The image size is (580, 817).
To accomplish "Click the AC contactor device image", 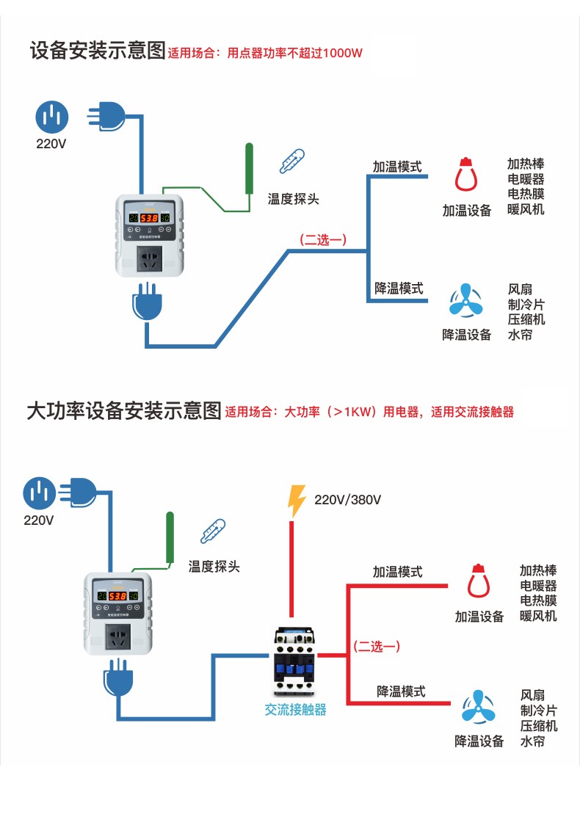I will (294, 661).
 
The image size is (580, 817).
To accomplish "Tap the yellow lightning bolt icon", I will (297, 501).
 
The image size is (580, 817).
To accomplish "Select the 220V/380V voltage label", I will (347, 501).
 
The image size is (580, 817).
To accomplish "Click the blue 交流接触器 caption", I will (295, 710).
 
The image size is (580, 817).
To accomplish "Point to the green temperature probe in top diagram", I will (250, 168).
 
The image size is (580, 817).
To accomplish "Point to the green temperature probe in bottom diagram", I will (170, 537).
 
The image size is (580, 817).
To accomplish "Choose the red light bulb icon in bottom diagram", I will (479, 581).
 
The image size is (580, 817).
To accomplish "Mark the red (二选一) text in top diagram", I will (322, 240).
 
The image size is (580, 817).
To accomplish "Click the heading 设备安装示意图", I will (98, 51).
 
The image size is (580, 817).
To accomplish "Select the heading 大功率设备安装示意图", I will (123, 410).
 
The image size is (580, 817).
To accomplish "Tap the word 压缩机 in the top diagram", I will (526, 319).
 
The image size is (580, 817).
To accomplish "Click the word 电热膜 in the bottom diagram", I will (538, 600).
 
